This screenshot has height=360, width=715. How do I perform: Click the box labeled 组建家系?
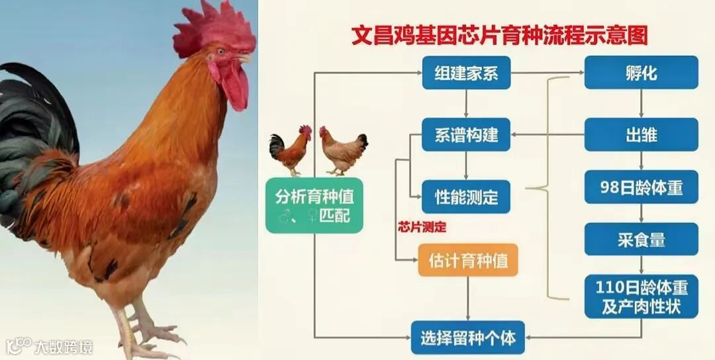[x=466, y=73]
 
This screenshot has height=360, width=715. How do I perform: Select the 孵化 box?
[x=641, y=72]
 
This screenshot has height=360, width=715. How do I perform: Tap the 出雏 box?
[x=641, y=135]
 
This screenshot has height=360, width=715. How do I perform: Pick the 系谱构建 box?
[x=466, y=135]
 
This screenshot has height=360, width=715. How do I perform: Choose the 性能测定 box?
[x=466, y=197]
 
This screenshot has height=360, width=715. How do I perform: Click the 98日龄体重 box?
[x=641, y=187]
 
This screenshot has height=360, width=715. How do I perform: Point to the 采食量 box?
[x=641, y=239]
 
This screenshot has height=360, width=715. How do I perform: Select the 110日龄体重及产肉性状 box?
[x=641, y=296]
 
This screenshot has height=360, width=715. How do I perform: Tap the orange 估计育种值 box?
[x=467, y=260]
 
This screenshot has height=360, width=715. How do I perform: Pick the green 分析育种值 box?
[x=314, y=205]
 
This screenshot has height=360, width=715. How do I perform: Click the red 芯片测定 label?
[x=422, y=227]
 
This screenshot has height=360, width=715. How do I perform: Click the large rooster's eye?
[x=221, y=51]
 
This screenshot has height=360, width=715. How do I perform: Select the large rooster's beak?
[x=245, y=59]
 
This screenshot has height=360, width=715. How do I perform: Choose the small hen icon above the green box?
[x=342, y=150]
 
